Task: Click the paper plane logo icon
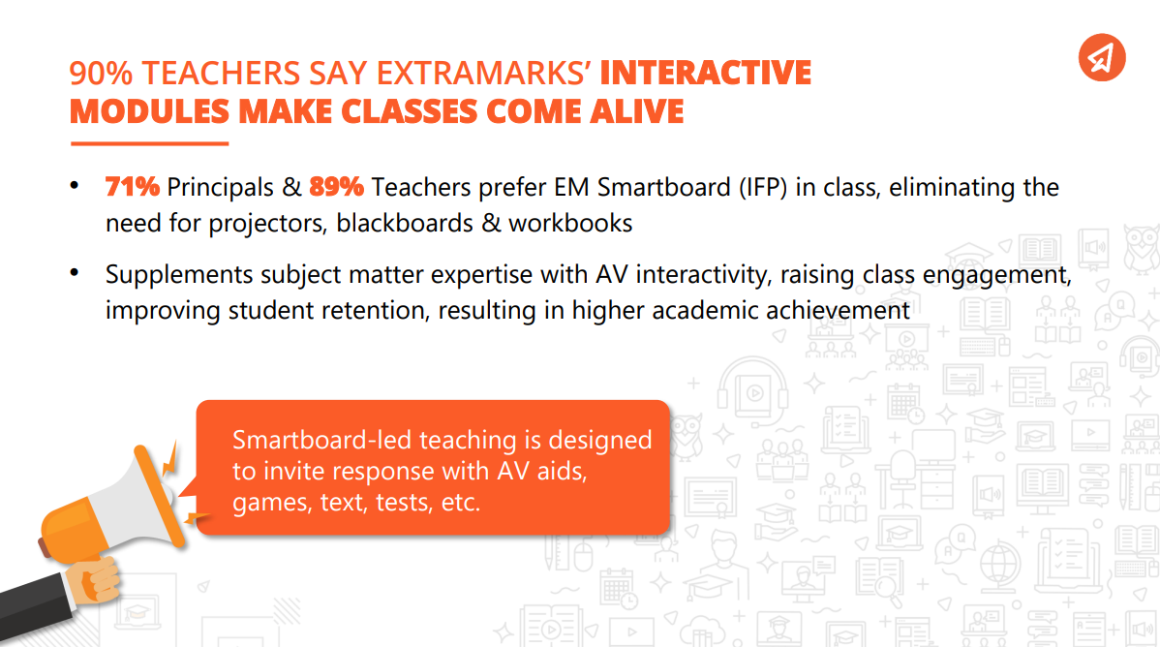pyautogui.click(x=1102, y=58)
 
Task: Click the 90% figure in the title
pyautogui.click(x=102, y=74)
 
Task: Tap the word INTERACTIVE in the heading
pyautogui.click(x=705, y=73)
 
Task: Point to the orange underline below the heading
pyautogui.click(x=149, y=143)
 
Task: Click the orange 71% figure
pyautogui.click(x=133, y=187)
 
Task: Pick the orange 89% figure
pyautogui.click(x=337, y=187)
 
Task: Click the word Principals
pyautogui.click(x=221, y=187)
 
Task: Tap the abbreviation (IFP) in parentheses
pyautogui.click(x=763, y=187)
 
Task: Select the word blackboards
pyautogui.click(x=405, y=223)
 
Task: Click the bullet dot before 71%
pyautogui.click(x=74, y=186)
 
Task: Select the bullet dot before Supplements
pyautogui.click(x=74, y=273)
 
